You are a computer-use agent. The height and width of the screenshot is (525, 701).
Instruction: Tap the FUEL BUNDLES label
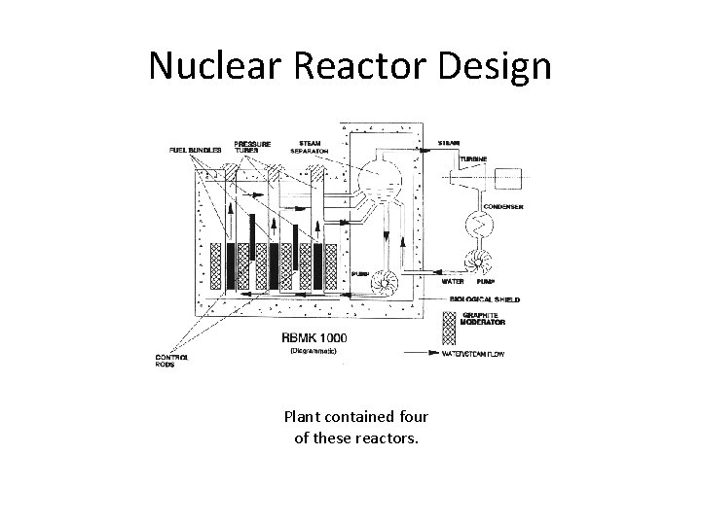pos(196,151)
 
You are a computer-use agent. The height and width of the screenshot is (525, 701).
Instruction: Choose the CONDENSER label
pos(504,206)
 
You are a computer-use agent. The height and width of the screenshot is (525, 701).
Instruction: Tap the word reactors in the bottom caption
pos(386,437)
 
